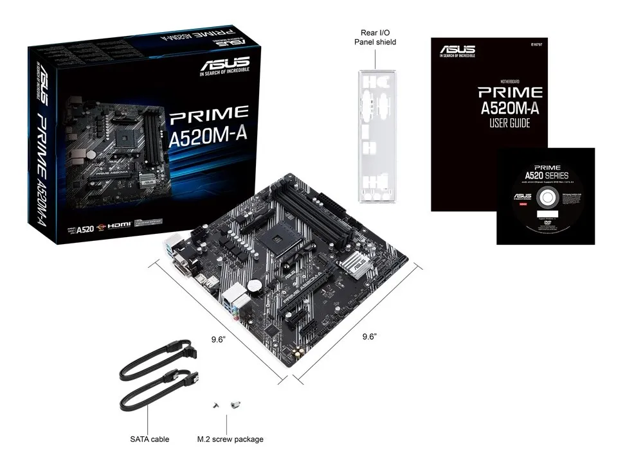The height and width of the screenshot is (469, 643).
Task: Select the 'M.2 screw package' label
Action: [230, 439]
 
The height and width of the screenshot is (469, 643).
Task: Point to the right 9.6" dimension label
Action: [368, 336]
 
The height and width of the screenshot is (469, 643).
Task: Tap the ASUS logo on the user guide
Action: [457, 50]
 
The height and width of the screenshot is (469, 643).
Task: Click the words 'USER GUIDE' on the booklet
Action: [510, 123]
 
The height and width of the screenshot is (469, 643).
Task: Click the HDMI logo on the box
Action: [118, 226]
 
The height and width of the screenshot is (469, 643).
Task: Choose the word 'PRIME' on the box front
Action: [208, 114]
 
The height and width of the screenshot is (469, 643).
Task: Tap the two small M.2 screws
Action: [227, 405]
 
